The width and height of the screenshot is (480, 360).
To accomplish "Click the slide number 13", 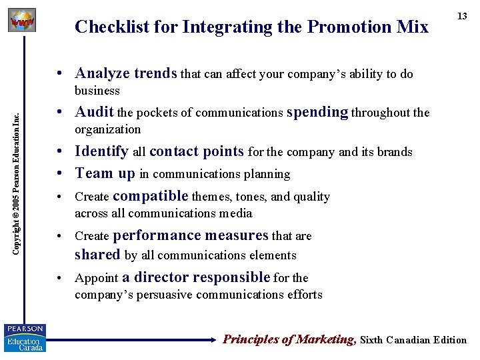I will (x=462, y=15).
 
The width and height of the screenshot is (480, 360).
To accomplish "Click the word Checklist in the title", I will (x=107, y=27).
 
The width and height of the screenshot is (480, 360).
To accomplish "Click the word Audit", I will (x=94, y=112).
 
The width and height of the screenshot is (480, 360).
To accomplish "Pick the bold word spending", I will (x=317, y=113).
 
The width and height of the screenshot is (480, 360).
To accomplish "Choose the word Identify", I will (x=101, y=151).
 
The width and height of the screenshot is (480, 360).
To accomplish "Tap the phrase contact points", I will (x=197, y=151).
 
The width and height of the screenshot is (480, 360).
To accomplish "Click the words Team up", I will (x=105, y=173).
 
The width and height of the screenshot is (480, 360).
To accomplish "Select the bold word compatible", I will (x=151, y=196).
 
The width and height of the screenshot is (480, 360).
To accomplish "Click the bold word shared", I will (x=97, y=255).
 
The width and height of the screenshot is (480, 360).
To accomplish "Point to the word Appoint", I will (x=96, y=278).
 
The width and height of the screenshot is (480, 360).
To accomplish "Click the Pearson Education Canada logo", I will (x=25, y=337).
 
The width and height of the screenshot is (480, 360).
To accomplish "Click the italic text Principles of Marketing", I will (x=289, y=339).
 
